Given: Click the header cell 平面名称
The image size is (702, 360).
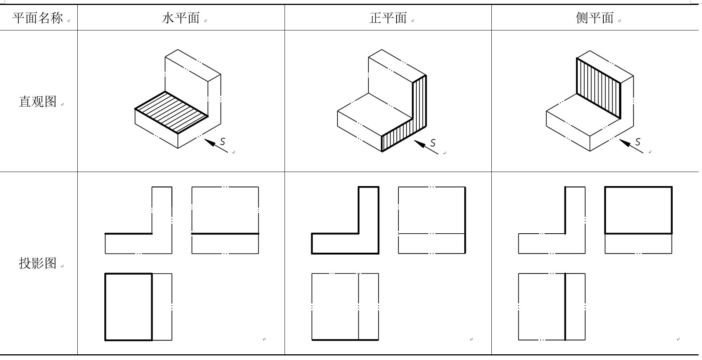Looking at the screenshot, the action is [x=38, y=18].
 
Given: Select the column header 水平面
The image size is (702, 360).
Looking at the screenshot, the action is [x=181, y=18].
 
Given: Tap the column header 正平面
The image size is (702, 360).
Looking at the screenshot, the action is [x=388, y=18].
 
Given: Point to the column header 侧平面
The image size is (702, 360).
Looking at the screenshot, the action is [x=595, y=18].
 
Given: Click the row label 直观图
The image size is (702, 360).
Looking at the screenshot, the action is [x=38, y=101].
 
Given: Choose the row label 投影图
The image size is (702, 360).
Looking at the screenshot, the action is [x=38, y=263].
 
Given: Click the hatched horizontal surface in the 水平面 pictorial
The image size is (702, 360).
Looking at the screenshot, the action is [x=172, y=113].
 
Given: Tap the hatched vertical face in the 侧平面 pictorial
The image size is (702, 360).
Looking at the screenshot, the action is [x=599, y=88].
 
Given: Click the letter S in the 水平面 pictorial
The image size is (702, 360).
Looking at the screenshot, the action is [x=222, y=142].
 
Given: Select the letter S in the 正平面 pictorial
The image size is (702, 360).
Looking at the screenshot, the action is [x=433, y=143].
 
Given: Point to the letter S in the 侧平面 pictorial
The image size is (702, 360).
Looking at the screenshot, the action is [x=638, y=142].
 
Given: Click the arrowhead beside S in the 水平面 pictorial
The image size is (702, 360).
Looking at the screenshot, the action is [x=209, y=142].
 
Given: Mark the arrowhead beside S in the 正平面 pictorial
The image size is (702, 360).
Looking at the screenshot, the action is [x=420, y=144].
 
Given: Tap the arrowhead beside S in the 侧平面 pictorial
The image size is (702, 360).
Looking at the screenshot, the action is [x=625, y=143].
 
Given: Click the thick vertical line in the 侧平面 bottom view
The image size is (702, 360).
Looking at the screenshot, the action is [x=565, y=307].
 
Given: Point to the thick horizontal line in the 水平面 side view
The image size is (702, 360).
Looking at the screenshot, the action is [x=225, y=234].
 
